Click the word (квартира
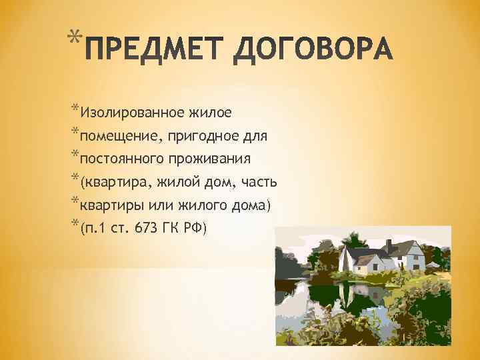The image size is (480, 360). coord(112,182)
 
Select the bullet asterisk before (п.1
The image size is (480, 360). coord(73,223)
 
